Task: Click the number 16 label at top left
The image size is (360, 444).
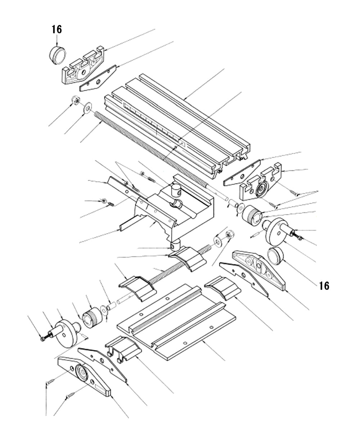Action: coord(57,30)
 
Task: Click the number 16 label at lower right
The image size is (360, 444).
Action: coord(324,286)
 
